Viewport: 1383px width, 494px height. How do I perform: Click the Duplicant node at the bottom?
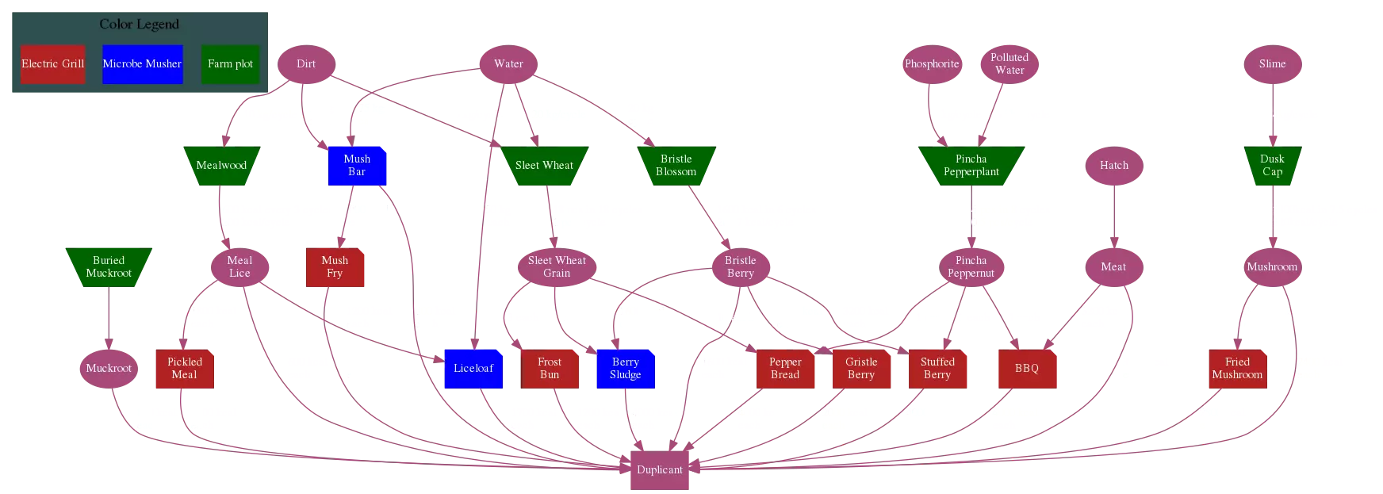(x=659, y=470)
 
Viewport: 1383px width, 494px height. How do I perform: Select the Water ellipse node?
(x=508, y=64)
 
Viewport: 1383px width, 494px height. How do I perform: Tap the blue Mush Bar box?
(x=357, y=166)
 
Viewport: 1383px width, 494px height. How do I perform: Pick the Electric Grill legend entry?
(x=52, y=64)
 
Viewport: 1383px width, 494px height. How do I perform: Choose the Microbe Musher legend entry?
(x=142, y=64)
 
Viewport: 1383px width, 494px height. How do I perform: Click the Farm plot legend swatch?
(x=230, y=64)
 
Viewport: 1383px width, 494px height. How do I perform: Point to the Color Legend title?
(x=139, y=25)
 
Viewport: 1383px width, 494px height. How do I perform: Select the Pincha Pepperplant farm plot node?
(x=971, y=166)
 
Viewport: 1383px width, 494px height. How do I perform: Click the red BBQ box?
(x=1026, y=369)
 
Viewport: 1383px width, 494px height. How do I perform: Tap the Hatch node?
(x=1113, y=166)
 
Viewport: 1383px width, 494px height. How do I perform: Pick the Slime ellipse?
(x=1272, y=64)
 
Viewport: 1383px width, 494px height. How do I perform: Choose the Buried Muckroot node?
(x=109, y=267)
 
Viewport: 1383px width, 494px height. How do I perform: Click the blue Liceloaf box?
(x=473, y=369)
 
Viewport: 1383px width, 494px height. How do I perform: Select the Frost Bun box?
(x=549, y=369)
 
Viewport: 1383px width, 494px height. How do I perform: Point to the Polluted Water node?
(x=1009, y=64)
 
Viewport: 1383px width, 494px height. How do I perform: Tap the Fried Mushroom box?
(x=1237, y=369)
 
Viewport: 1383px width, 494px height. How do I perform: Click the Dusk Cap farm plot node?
(x=1272, y=166)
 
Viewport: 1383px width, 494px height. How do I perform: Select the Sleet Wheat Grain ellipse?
(x=557, y=267)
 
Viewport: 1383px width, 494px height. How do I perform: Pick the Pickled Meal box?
(x=185, y=369)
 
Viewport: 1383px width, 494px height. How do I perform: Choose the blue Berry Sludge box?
(x=625, y=369)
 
